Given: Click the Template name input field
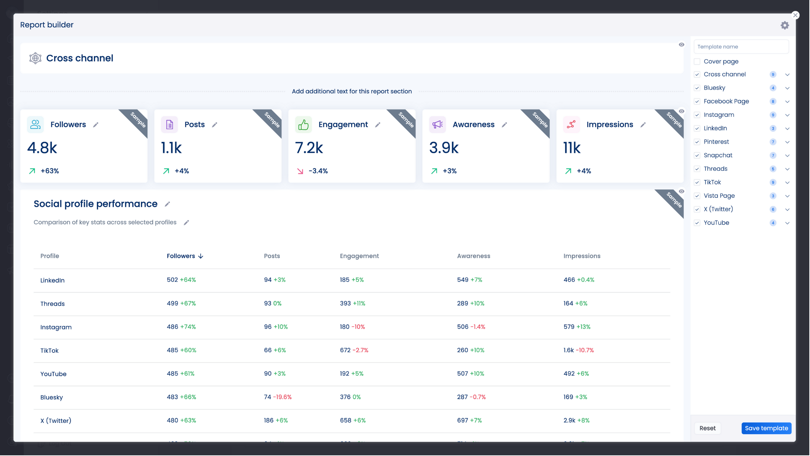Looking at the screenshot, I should pyautogui.click(x=741, y=47).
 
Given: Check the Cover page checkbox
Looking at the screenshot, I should pyautogui.click(x=697, y=62).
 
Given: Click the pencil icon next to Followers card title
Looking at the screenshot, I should pyautogui.click(x=96, y=125).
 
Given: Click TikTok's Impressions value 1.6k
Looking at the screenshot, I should pyautogui.click(x=569, y=351).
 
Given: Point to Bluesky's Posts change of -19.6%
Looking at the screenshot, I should pyautogui.click(x=283, y=397).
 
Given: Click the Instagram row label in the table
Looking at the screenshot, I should pyautogui.click(x=56, y=327).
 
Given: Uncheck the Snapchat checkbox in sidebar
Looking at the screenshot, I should pyautogui.click(x=697, y=156).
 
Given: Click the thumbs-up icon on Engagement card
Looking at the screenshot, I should pyautogui.click(x=303, y=125).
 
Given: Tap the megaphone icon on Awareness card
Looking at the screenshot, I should pyautogui.click(x=437, y=125).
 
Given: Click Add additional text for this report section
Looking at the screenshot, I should pyautogui.click(x=352, y=91).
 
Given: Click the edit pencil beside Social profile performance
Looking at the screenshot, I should pyautogui.click(x=168, y=204).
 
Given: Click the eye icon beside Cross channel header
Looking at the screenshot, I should pyautogui.click(x=682, y=45).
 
